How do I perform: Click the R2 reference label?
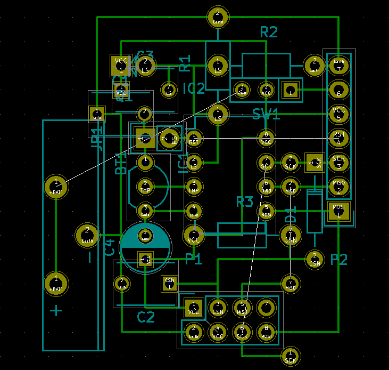pos(269,32)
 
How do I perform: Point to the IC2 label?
pos(193,89)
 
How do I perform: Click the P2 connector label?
pos(338,260)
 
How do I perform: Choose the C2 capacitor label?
pos(146,317)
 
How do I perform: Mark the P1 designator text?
pos(194,260)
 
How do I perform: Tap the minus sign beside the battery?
pos(89,258)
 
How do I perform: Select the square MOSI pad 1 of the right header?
pos(338,210)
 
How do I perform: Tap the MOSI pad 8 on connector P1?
pos(266,333)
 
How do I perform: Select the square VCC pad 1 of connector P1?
pos(194,308)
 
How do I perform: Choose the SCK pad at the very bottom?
pos(290,356)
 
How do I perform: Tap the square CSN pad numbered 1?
pos(170,283)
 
